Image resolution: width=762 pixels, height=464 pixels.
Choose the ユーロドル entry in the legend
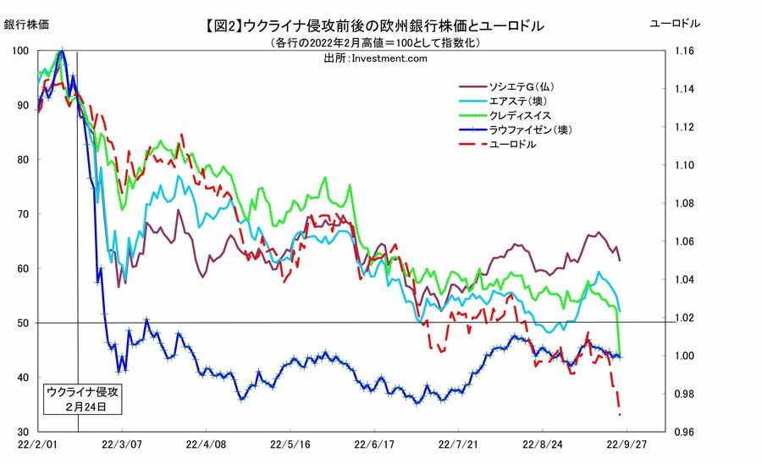512,144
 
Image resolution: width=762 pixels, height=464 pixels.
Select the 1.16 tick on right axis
685,52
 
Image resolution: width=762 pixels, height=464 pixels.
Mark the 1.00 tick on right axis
685,356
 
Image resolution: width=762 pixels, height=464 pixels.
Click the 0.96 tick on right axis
685,432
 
